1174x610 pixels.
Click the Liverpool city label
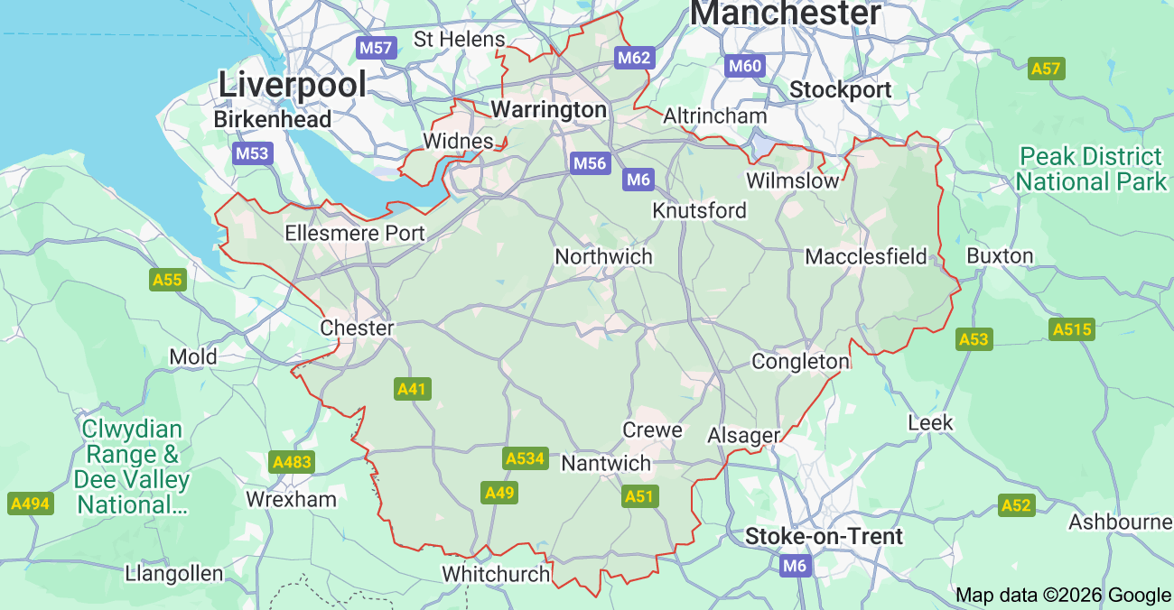point(293,85)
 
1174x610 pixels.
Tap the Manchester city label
point(785,14)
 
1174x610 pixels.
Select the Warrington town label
point(548,110)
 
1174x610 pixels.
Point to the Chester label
point(357,328)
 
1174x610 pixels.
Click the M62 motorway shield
point(633,58)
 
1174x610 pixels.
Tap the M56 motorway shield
point(590,163)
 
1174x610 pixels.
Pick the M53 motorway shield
point(252,152)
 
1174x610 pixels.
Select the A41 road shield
point(413,389)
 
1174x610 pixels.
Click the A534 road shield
point(525,458)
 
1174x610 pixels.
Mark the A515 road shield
point(1072,329)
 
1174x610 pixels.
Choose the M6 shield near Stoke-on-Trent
point(795,566)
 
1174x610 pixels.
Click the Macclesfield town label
point(865,257)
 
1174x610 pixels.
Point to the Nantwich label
point(606,463)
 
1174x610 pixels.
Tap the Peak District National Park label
point(1091,169)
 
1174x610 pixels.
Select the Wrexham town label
point(291,499)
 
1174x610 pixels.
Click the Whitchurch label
point(496,574)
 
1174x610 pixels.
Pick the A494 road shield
point(30,504)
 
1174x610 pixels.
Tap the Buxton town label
point(1000,255)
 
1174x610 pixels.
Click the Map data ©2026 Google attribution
point(1063,595)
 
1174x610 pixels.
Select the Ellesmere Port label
point(354,233)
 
